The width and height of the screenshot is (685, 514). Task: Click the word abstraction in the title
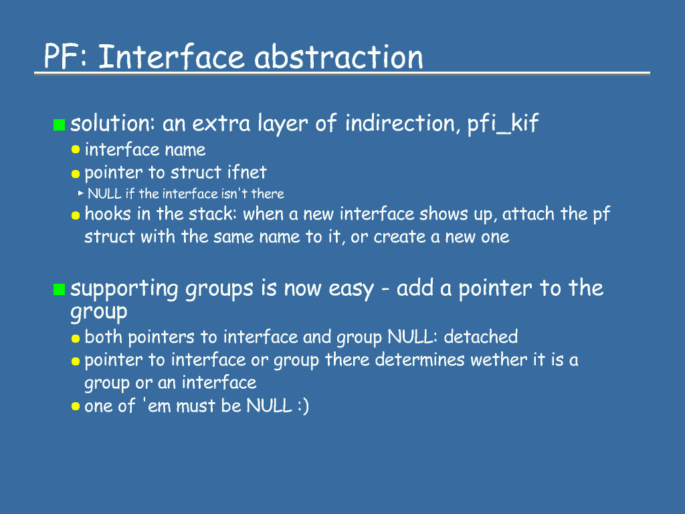(338, 57)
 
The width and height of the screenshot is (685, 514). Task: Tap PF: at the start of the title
(66, 57)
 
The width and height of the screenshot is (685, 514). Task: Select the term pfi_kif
(503, 124)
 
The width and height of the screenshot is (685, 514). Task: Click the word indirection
(400, 123)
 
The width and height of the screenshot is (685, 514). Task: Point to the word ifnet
(247, 172)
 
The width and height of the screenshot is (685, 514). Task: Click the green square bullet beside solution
(59, 124)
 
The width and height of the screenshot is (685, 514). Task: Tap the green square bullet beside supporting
(59, 289)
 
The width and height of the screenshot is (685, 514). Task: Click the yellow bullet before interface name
(76, 149)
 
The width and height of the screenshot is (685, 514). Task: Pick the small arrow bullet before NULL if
(81, 193)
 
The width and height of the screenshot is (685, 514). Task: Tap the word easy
(351, 289)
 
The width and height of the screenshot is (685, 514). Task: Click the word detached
(481, 337)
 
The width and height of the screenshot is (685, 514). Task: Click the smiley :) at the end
(303, 406)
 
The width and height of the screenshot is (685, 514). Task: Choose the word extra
(221, 124)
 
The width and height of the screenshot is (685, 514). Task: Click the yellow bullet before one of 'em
(76, 406)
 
